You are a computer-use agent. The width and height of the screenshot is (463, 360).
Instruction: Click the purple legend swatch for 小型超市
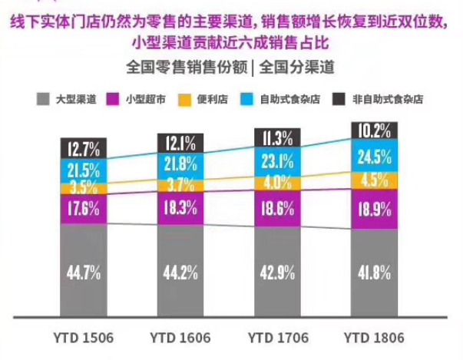[112, 99]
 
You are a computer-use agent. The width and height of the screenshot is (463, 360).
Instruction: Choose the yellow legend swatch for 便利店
[184, 99]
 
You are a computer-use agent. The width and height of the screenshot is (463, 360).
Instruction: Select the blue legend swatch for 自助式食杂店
[248, 99]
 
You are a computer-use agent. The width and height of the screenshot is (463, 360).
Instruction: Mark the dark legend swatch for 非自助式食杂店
[339, 99]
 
